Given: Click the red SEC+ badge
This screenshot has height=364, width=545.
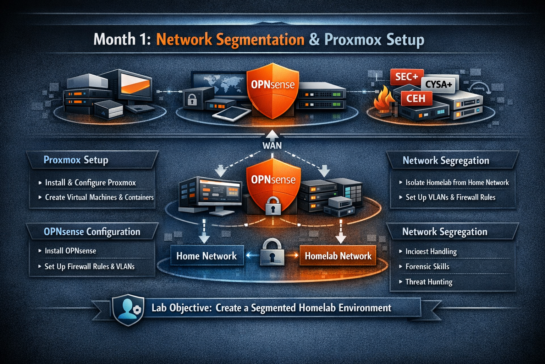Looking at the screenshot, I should (407, 77).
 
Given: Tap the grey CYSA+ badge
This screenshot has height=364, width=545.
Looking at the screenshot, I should (439, 84).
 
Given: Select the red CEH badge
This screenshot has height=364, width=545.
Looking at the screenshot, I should (416, 98).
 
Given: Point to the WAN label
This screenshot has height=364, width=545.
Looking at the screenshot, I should (272, 145).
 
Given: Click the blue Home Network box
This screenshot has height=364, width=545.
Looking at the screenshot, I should (207, 256).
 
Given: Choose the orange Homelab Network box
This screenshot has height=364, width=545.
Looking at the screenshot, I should (338, 256).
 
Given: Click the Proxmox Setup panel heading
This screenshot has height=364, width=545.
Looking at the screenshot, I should (76, 160).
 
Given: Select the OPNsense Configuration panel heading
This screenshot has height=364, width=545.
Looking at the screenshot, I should (92, 232).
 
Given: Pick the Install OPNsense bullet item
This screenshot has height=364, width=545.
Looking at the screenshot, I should (70, 251).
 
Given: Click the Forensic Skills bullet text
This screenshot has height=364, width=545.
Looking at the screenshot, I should (427, 267).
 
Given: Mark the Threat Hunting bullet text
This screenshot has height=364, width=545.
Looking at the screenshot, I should (429, 282).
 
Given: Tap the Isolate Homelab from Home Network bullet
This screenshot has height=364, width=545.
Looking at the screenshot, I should (457, 183).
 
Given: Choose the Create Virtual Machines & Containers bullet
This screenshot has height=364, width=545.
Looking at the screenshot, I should (99, 197).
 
